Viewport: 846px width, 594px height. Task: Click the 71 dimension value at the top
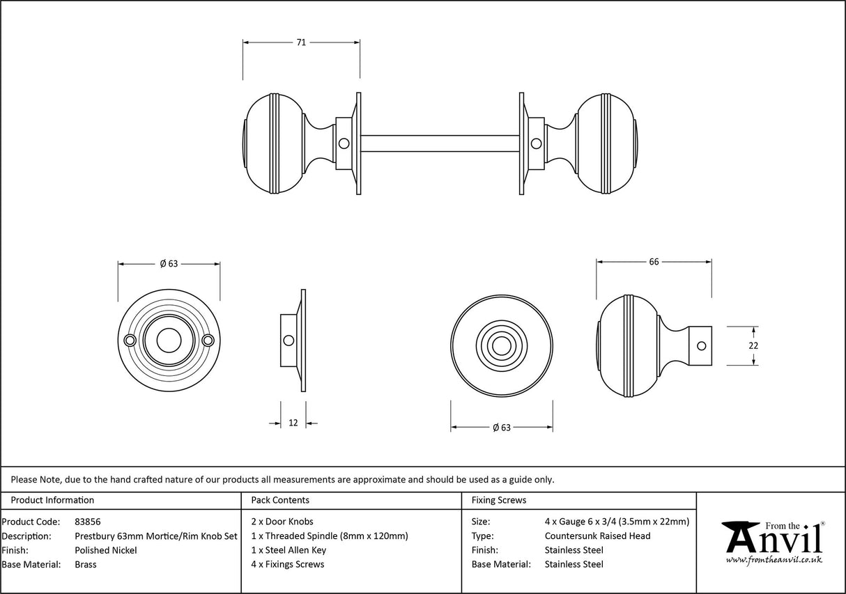301,42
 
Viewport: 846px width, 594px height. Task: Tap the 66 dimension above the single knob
654,262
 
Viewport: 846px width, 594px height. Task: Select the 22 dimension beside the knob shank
753,345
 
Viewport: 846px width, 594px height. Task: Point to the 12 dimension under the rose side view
293,423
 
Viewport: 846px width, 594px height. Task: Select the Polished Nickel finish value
106,550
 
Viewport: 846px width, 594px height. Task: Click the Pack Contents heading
280,500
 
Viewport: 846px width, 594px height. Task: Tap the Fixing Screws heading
499,500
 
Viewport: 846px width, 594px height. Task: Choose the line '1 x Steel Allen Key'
289,550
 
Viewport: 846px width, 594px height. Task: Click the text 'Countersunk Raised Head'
597,536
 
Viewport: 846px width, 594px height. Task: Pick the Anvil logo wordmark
774,540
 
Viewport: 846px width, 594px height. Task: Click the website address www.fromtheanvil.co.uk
774,559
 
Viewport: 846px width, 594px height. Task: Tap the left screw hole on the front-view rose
129,341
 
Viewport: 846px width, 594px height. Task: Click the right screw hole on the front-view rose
208,341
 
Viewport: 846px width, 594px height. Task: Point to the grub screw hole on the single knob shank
702,345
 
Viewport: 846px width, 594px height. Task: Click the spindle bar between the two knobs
439,143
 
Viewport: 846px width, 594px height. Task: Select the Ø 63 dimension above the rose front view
169,264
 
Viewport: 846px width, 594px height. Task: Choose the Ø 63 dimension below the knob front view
502,428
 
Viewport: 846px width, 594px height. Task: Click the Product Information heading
52,500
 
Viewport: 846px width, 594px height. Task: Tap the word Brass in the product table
86,565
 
